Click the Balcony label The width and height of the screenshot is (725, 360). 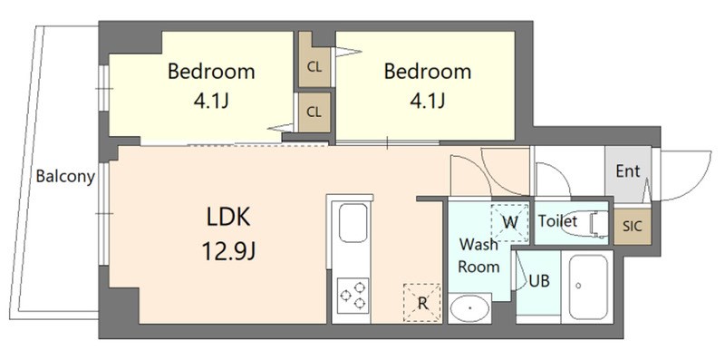[x=65, y=177]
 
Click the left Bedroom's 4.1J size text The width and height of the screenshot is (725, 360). [x=210, y=100]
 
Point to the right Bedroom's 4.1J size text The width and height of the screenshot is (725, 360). [x=427, y=100]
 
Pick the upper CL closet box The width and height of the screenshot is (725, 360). [x=314, y=66]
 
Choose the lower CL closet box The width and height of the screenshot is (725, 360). [x=314, y=112]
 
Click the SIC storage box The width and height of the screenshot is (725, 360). [x=632, y=227]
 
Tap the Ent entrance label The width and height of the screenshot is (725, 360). [x=627, y=170]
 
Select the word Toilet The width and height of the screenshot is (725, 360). [x=557, y=220]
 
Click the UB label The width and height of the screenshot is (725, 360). [x=539, y=281]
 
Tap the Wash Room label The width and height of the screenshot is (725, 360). [x=478, y=256]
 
